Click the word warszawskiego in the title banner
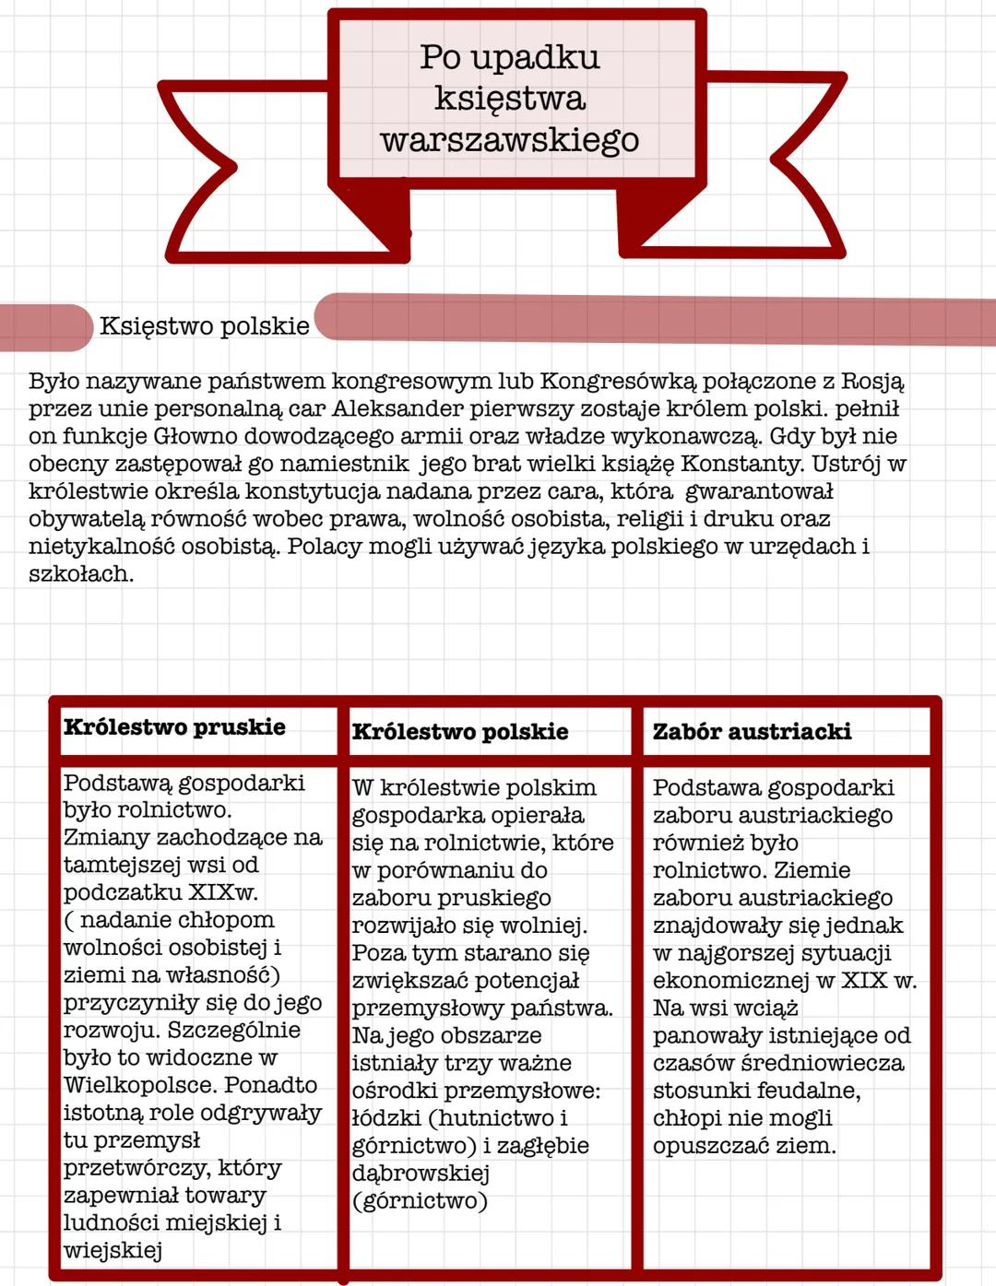tap(509, 140)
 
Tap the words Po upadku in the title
tap(509, 57)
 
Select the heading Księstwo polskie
tap(204, 326)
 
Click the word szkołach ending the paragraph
tap(80, 574)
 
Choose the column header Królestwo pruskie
tap(174, 727)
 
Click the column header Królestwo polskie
tap(459, 732)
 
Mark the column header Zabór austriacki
tap(752, 732)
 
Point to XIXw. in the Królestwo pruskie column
tap(223, 892)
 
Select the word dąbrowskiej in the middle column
tap(420, 1174)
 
